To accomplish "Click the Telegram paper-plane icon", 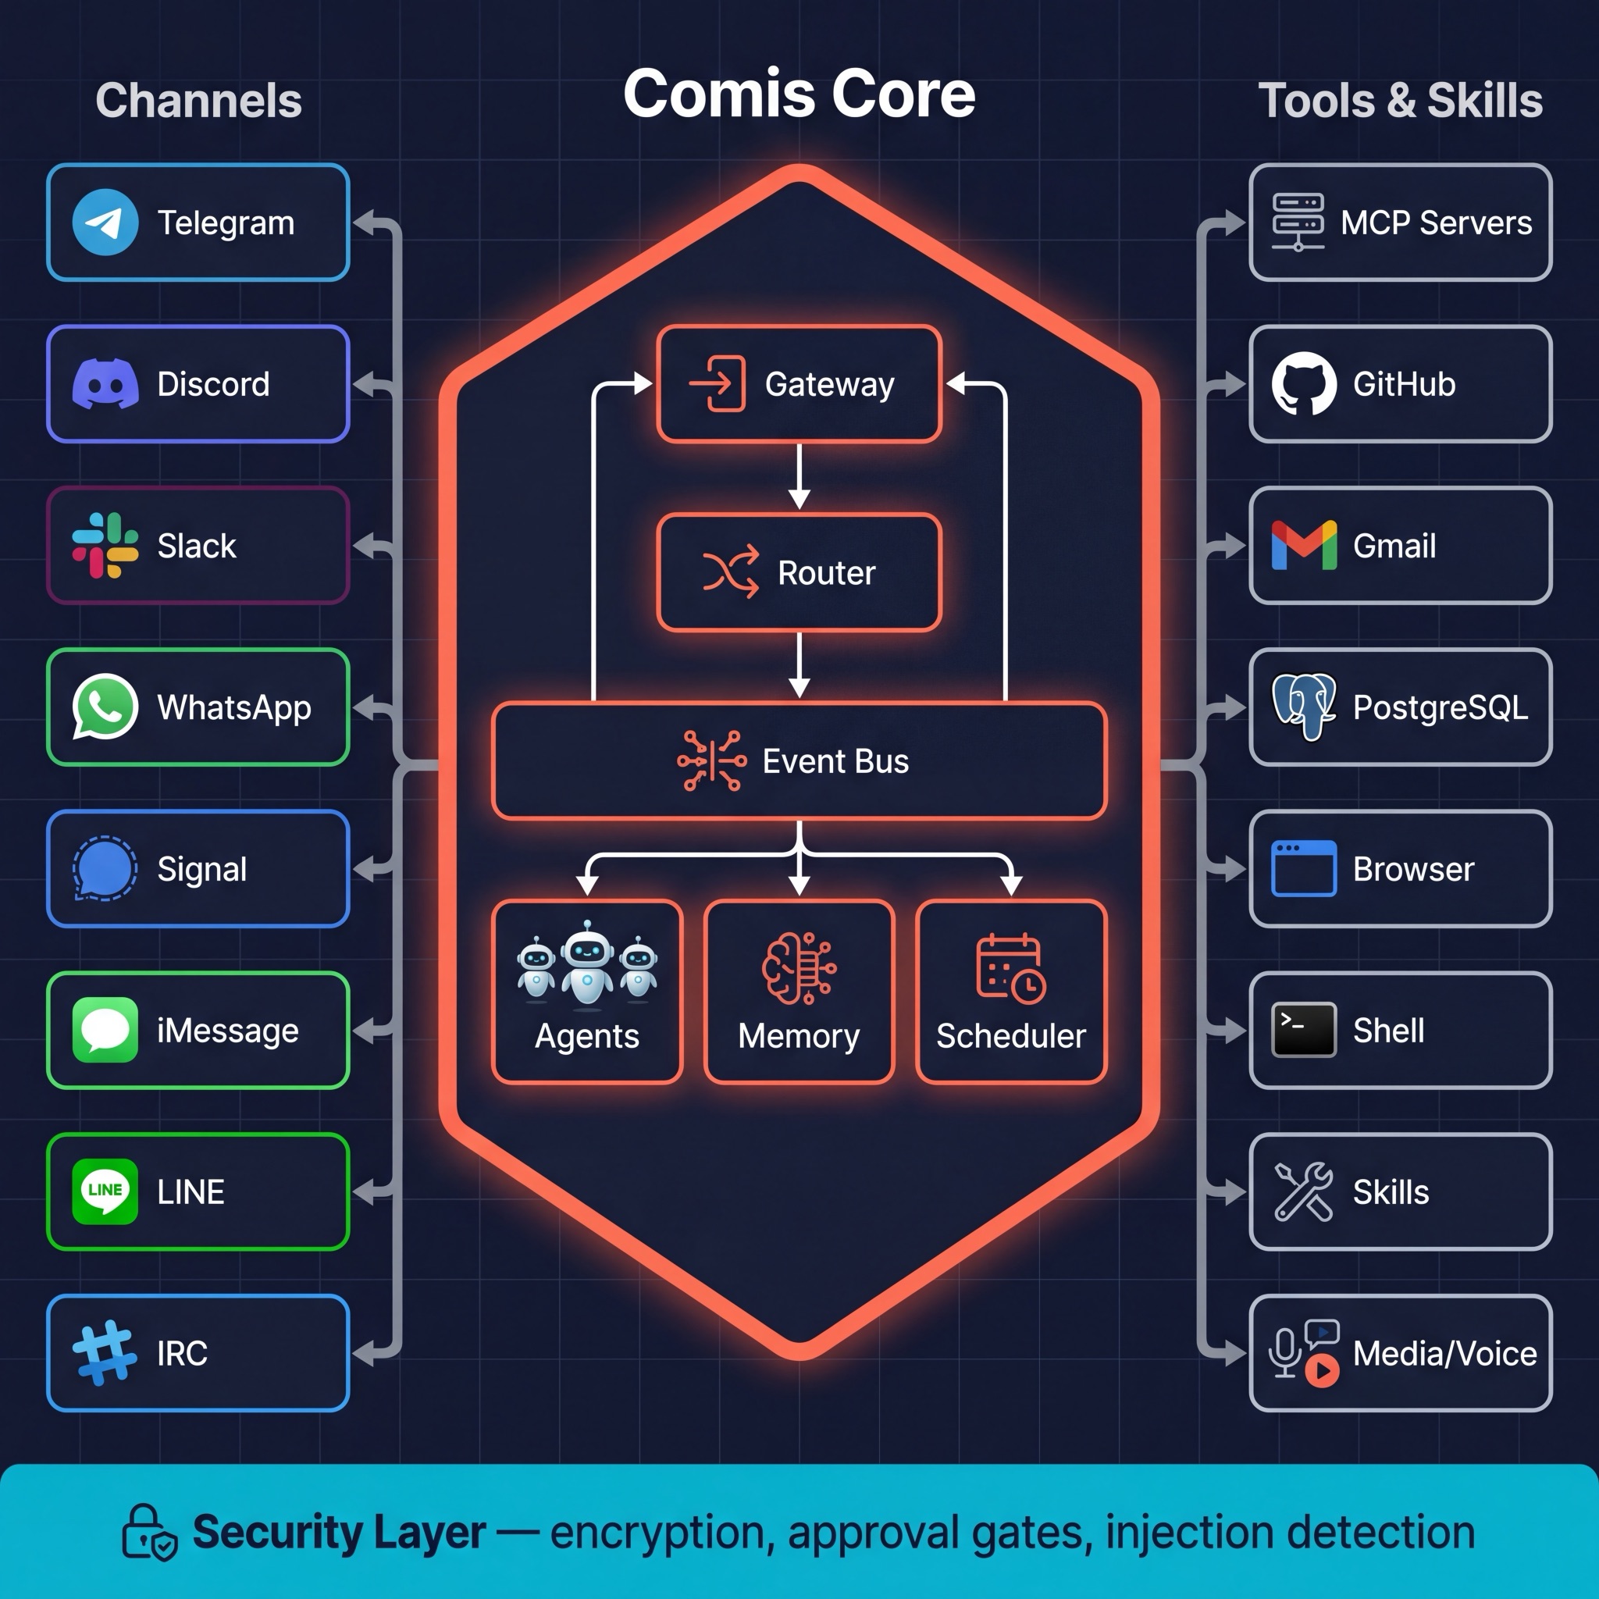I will pyautogui.click(x=105, y=222).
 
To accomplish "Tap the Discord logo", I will pyautogui.click(x=105, y=384).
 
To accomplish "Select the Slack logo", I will pyautogui.click(x=105, y=546).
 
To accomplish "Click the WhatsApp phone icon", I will pyautogui.click(x=105, y=706).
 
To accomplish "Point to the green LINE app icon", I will pyautogui.click(x=105, y=1191).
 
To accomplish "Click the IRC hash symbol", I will pyautogui.click(x=105, y=1352).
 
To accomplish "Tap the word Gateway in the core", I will pyautogui.click(x=829, y=384).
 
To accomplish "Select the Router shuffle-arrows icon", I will pyautogui.click(x=730, y=572).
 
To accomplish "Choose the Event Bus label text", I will pyautogui.click(x=835, y=761).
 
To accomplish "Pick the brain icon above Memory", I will pyautogui.click(x=798, y=967).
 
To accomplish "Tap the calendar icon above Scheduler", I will pyautogui.click(x=1010, y=967).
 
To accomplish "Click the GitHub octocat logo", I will pyautogui.click(x=1304, y=384).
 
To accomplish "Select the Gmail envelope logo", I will pyautogui.click(x=1304, y=546).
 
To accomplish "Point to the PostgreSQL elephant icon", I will pyautogui.click(x=1304, y=706).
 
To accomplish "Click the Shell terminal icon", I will pyautogui.click(x=1304, y=1030).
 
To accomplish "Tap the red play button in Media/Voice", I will pyautogui.click(x=1322, y=1370).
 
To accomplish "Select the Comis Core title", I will pyautogui.click(x=799, y=94).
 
